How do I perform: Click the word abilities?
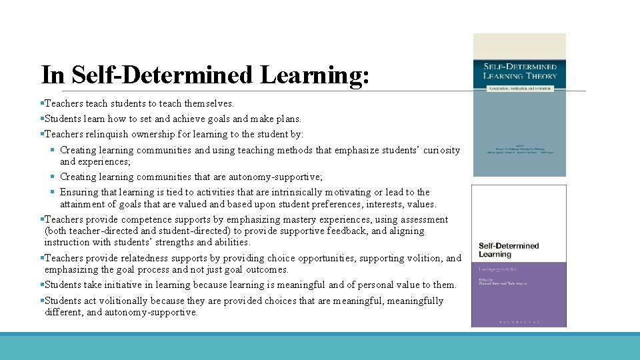pos(229,242)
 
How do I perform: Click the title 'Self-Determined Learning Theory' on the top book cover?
pos(520,71)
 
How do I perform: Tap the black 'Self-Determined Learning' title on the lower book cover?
pos(509,250)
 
